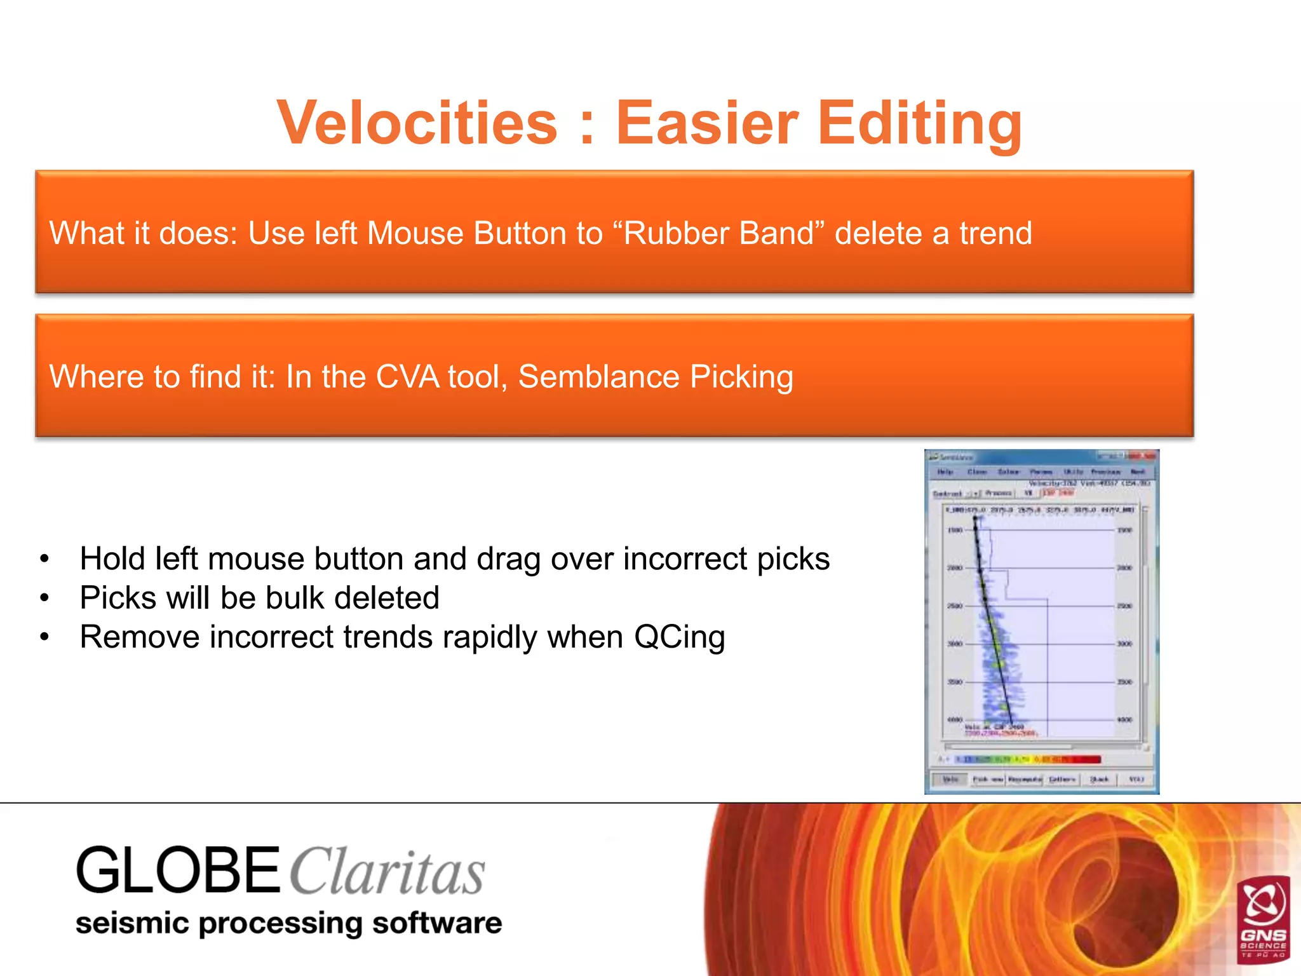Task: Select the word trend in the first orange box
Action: (x=995, y=233)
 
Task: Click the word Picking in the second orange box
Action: (x=741, y=377)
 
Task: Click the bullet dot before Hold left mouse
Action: (x=44, y=560)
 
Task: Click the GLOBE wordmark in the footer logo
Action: (x=178, y=871)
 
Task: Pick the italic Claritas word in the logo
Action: (x=388, y=872)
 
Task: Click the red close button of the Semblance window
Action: (x=1149, y=456)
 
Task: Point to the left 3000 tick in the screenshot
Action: (x=955, y=644)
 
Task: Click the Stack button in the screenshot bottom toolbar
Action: (x=1099, y=780)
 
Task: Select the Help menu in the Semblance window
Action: (x=945, y=472)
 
